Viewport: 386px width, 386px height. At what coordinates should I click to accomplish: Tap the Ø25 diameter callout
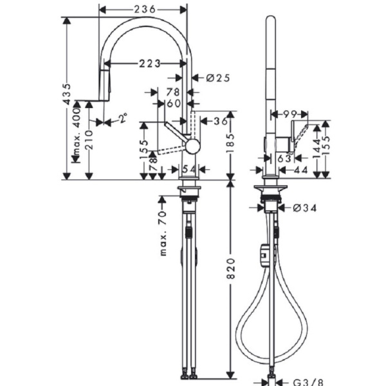(219, 78)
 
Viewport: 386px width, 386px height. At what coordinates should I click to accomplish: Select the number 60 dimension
(173, 104)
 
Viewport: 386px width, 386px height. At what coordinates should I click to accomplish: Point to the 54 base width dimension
(188, 169)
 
